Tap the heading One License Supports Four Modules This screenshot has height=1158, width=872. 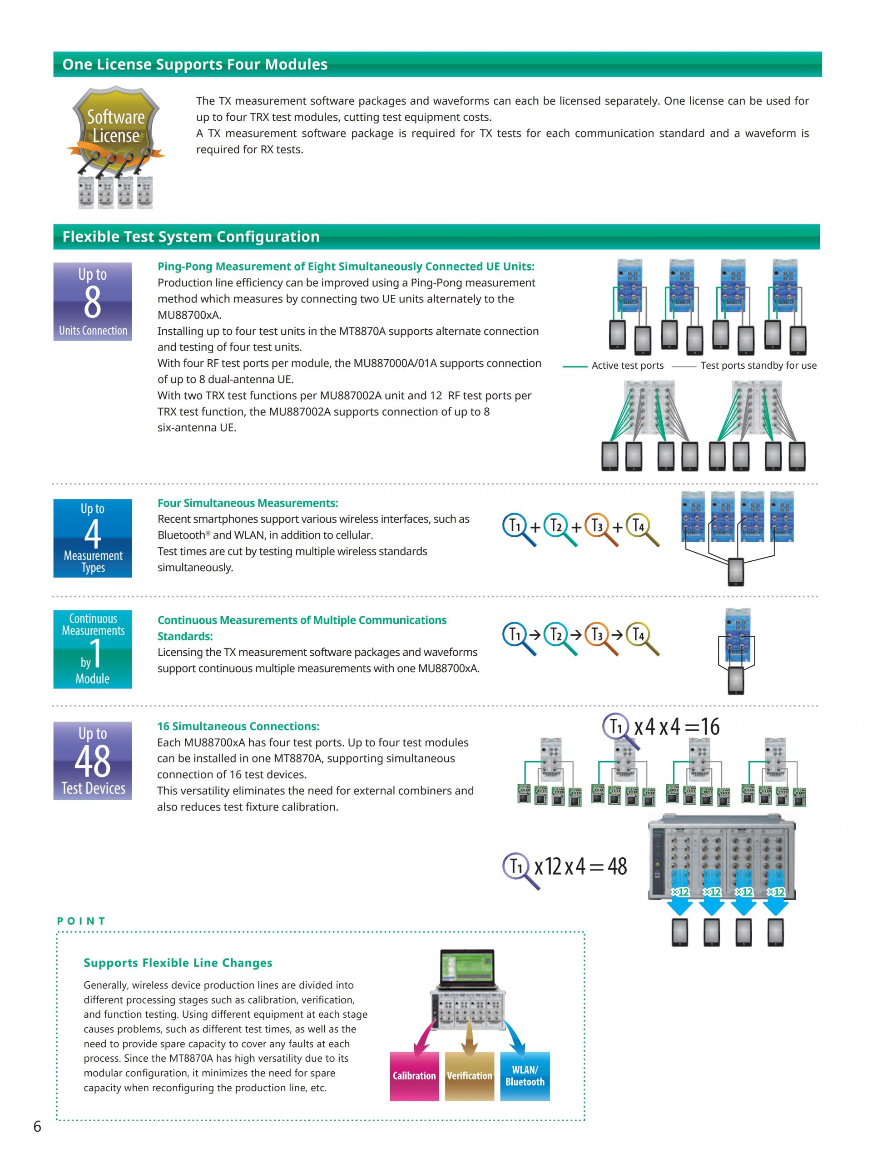click(x=195, y=64)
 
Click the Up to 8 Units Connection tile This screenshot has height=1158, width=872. click(x=93, y=302)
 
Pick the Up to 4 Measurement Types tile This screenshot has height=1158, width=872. click(x=93, y=538)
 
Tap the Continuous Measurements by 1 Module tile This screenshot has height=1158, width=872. click(x=93, y=648)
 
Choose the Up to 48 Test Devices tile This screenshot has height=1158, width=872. click(x=93, y=760)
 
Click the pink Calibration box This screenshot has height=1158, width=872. click(x=414, y=1075)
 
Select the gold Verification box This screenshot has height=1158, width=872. click(x=469, y=1075)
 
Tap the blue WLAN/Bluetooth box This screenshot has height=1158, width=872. click(x=525, y=1075)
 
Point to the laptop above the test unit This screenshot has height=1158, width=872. click(x=467, y=968)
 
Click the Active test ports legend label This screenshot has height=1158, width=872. click(x=627, y=366)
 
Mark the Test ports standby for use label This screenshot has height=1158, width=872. click(x=758, y=366)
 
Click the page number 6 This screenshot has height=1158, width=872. click(x=37, y=1126)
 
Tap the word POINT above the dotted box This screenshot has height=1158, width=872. click(x=82, y=921)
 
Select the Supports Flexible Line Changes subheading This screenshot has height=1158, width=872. click(x=178, y=962)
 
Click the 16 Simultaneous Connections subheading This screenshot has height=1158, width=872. click(x=238, y=726)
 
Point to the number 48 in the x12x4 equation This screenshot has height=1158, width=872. click(x=617, y=866)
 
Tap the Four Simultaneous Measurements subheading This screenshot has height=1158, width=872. click(x=248, y=503)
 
